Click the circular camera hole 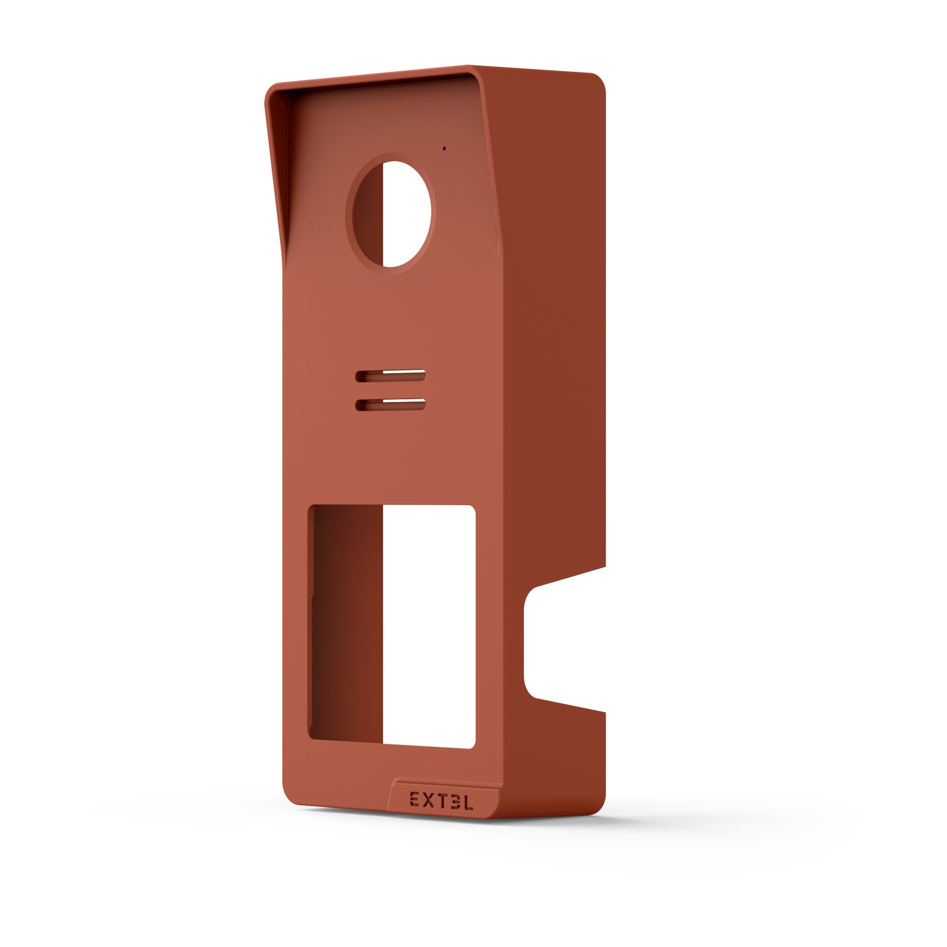pyautogui.click(x=391, y=214)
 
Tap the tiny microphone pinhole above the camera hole pyautogui.click(x=445, y=148)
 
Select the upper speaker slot pyautogui.click(x=390, y=376)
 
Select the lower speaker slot pyautogui.click(x=390, y=404)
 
